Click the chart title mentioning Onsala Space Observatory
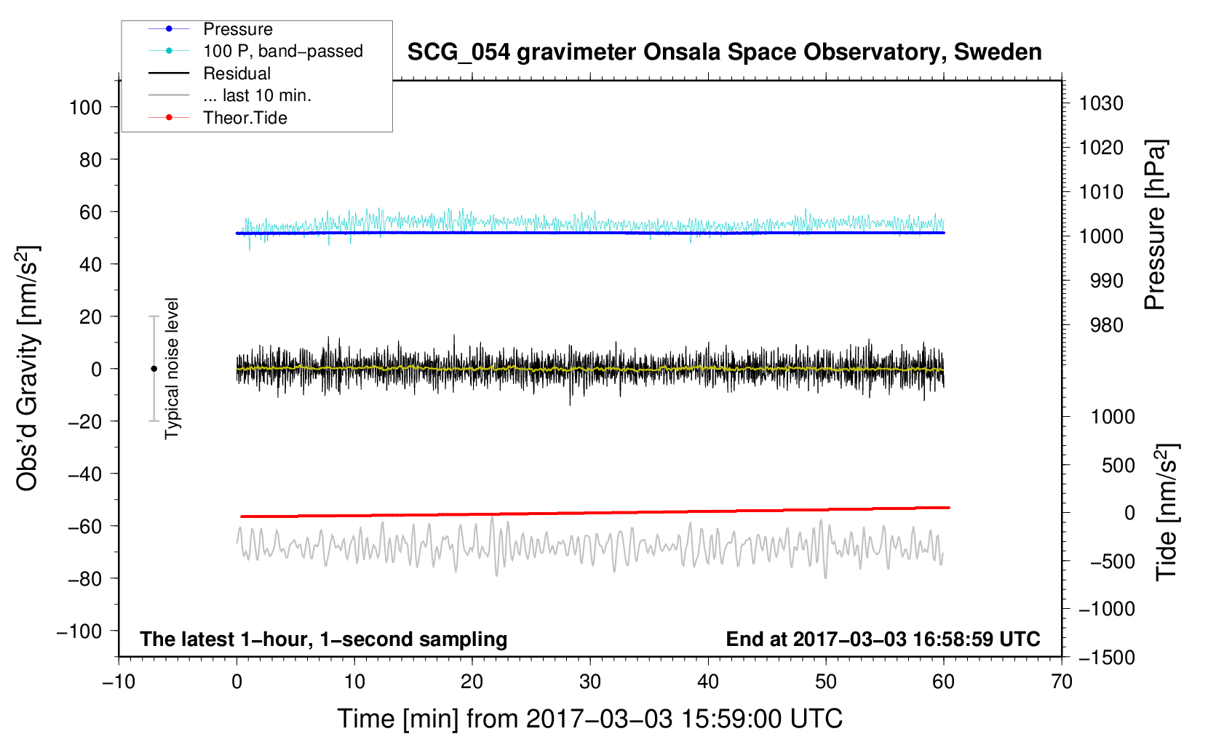pyautogui.click(x=724, y=52)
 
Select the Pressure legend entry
pyautogui.click(x=210, y=28)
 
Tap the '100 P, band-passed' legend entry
pyautogui.click(x=255, y=51)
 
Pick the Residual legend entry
pyautogui.click(x=210, y=73)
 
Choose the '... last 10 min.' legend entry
pyautogui.click(x=230, y=95)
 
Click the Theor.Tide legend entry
pyautogui.click(x=218, y=118)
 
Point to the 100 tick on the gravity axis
pyautogui.click(x=85, y=108)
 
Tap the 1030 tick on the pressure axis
pyautogui.click(x=1101, y=103)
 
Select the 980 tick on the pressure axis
pyautogui.click(x=1106, y=325)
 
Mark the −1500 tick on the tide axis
pyautogui.click(x=1107, y=658)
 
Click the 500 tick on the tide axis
pyautogui.click(x=1118, y=465)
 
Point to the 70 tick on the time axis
pyautogui.click(x=1061, y=682)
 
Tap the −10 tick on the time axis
pyautogui.click(x=119, y=682)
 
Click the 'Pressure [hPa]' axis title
pyautogui.click(x=1155, y=225)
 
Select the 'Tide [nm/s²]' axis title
pyautogui.click(x=1167, y=512)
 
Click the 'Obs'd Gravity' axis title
pyautogui.click(x=27, y=368)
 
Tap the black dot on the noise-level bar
pyautogui.click(x=154, y=369)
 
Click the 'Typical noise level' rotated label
pyautogui.click(x=172, y=368)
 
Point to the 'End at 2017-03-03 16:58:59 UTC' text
pyautogui.click(x=883, y=639)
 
